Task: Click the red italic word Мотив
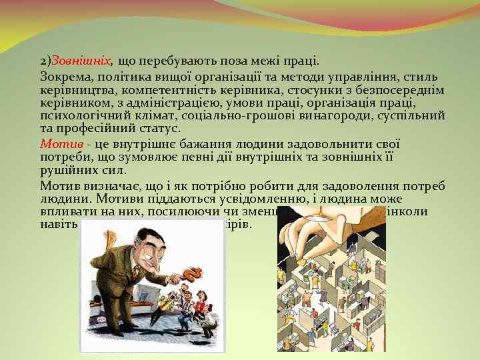tap(61, 143)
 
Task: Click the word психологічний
tap(81, 115)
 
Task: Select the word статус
tap(161, 127)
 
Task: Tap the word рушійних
tap(65, 169)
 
